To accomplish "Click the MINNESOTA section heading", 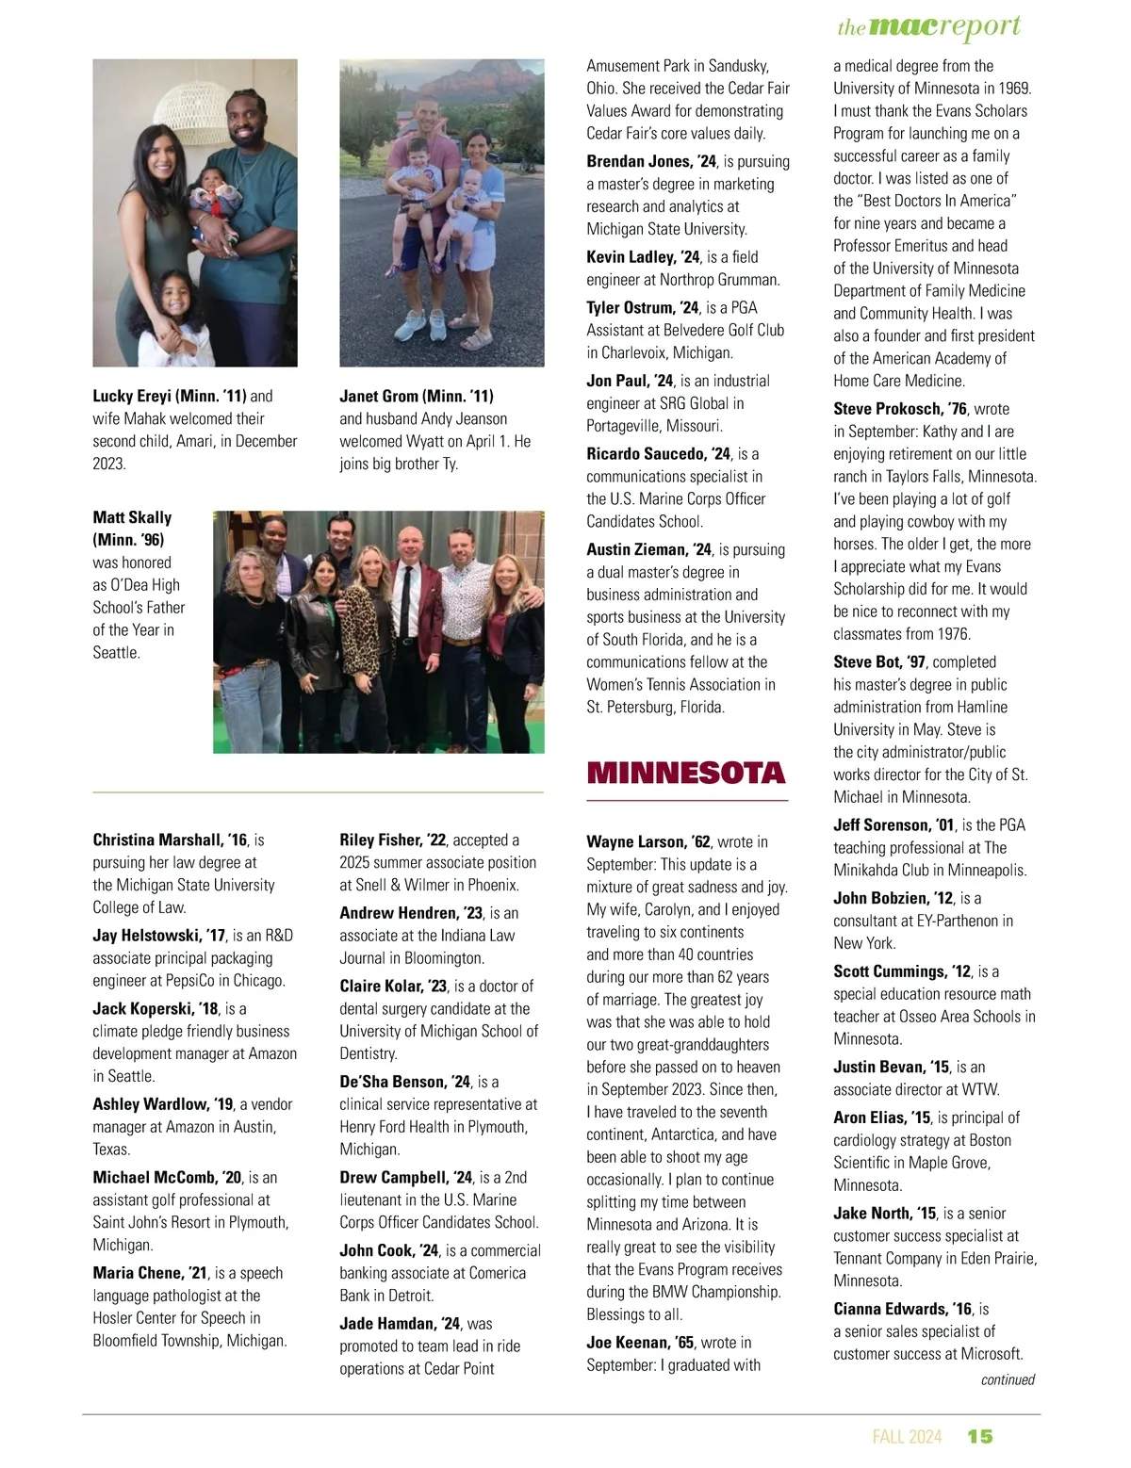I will tap(685, 774).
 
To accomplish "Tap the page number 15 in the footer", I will tap(980, 1436).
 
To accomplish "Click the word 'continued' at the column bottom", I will tap(1008, 1379).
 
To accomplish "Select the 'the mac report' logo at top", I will tap(928, 26).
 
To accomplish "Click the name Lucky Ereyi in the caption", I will tap(133, 396).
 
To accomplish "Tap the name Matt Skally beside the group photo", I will tap(132, 517).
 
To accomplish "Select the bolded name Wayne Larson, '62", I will tap(648, 841).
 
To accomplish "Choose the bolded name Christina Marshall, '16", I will tap(170, 840).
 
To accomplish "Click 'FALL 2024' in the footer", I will tap(907, 1436).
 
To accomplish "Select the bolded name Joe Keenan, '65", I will tap(640, 1342).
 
